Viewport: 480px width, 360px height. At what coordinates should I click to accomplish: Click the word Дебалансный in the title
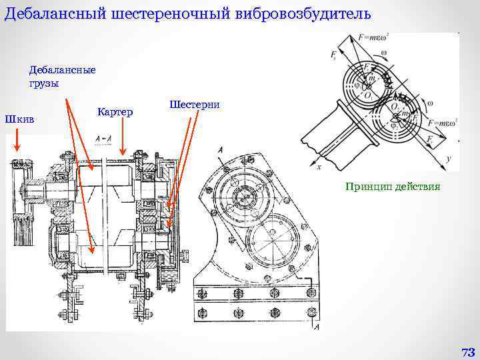[51, 14]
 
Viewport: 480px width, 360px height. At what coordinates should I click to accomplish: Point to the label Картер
[115, 111]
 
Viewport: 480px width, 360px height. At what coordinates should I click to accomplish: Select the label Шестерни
[195, 105]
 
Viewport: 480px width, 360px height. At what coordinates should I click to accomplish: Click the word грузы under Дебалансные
[44, 83]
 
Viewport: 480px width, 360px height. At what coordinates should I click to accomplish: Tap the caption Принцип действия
[393, 186]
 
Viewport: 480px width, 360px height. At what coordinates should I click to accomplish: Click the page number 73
[467, 351]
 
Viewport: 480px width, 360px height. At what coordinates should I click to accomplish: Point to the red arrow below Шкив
[17, 142]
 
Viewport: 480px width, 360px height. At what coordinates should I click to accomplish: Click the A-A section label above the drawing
[103, 139]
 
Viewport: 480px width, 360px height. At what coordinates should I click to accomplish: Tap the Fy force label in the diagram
[333, 55]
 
